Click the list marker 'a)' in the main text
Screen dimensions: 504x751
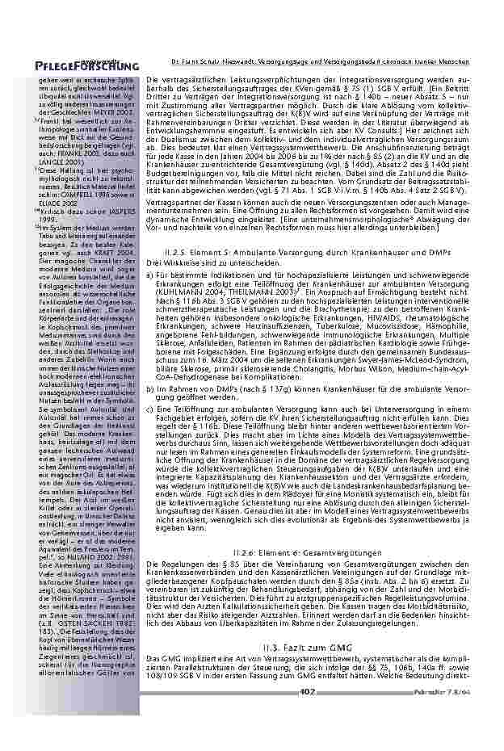(x=150, y=276)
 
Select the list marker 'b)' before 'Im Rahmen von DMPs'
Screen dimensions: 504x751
(x=150, y=388)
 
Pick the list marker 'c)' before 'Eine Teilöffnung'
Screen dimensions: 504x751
(x=150, y=409)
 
